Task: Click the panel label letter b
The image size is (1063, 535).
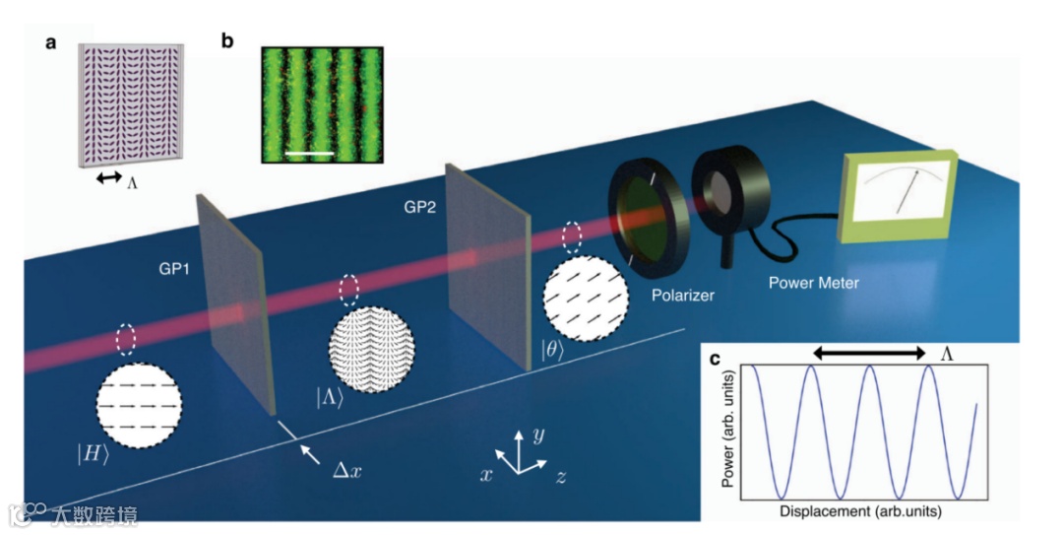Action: coord(228,41)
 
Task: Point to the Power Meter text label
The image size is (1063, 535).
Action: coord(813,283)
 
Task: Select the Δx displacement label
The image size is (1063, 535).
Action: coord(348,470)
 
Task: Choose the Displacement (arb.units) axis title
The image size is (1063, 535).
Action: coord(854,512)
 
